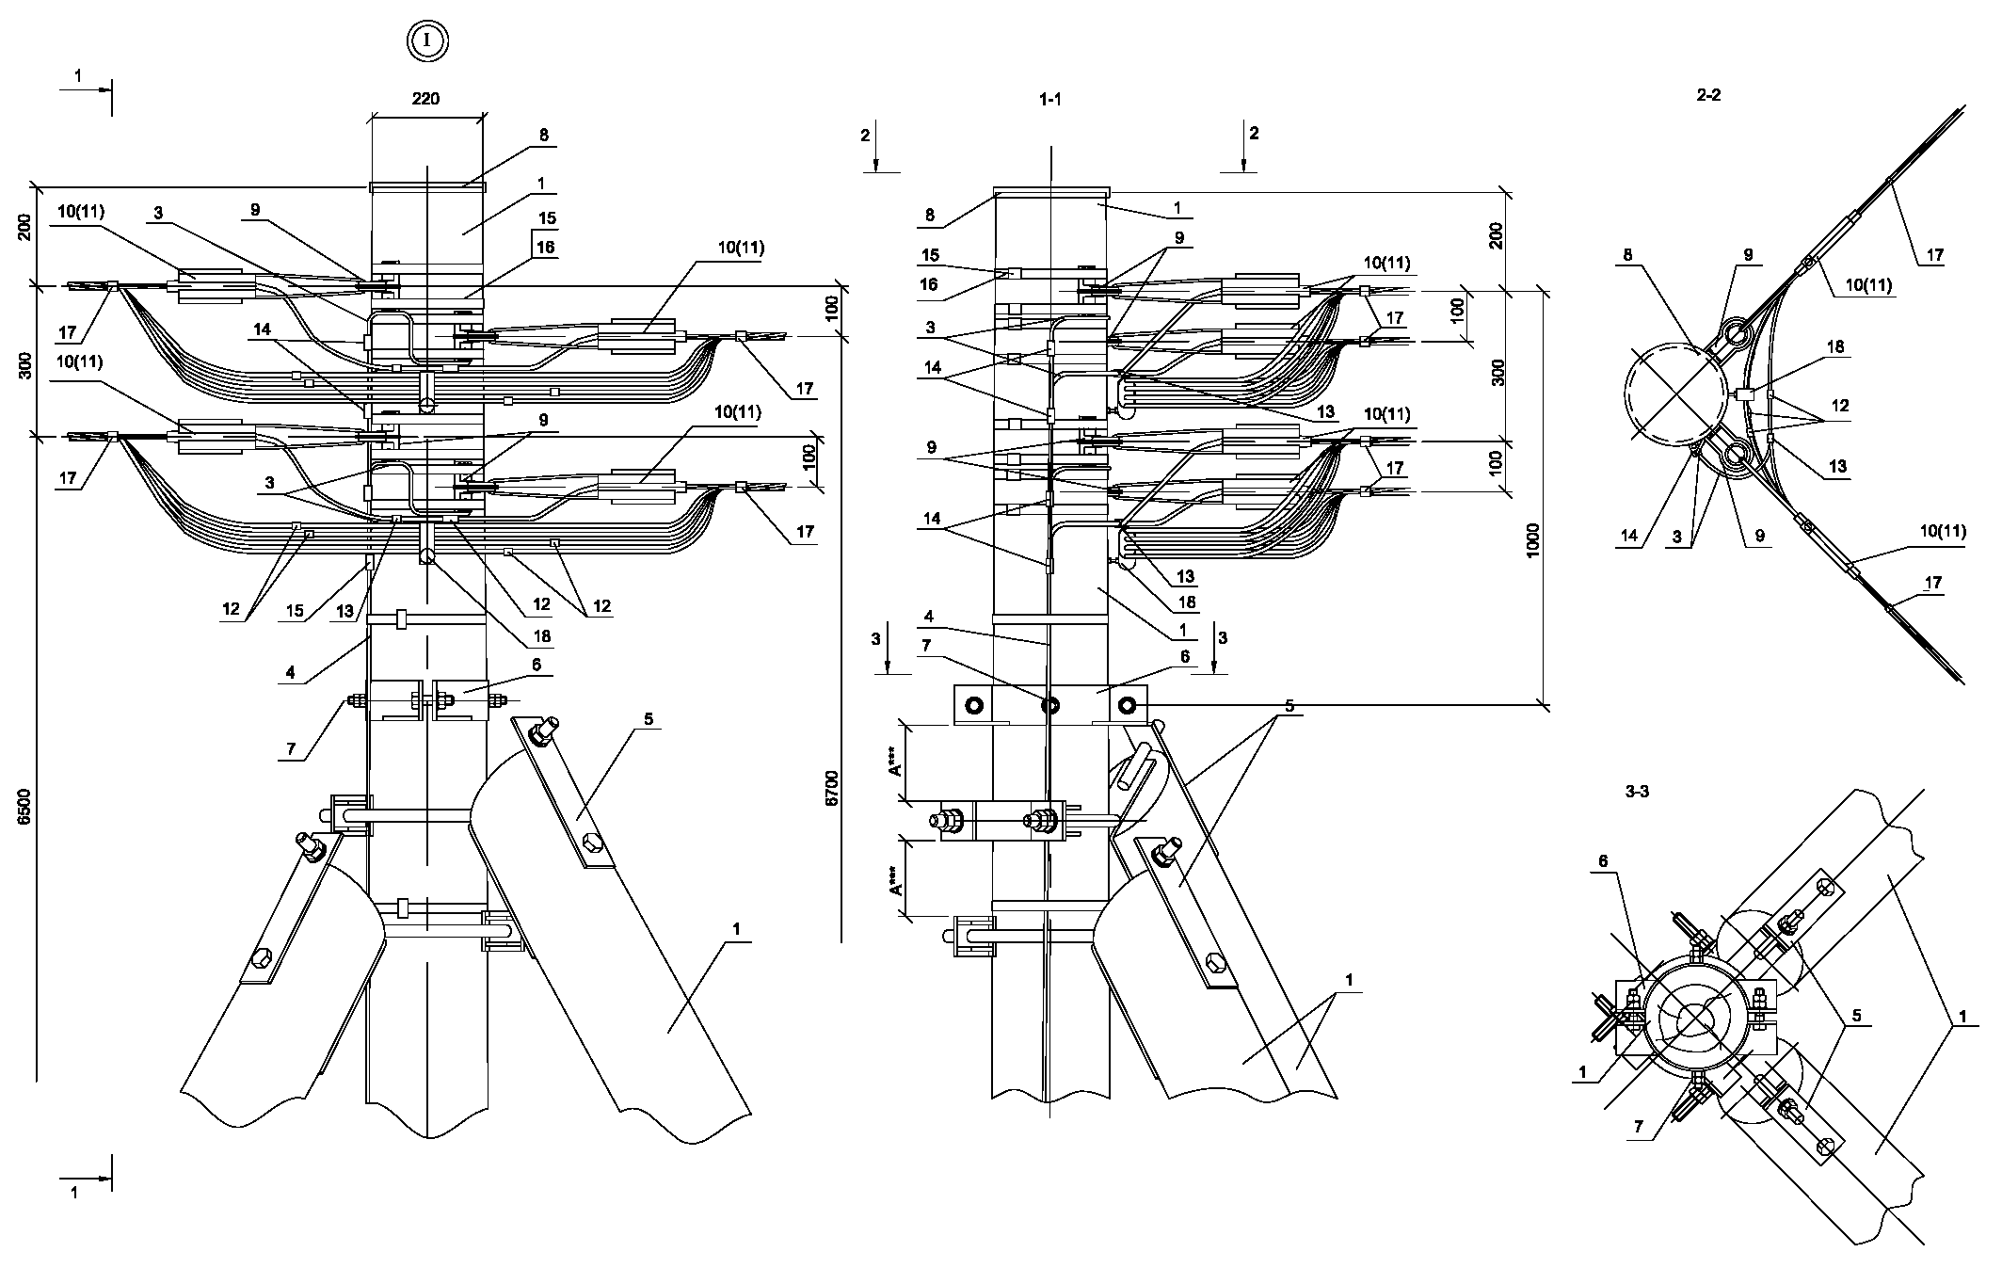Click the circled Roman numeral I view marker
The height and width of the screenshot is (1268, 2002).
tap(427, 40)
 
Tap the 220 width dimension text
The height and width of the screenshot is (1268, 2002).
tap(425, 98)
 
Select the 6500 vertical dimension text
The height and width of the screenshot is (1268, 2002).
tap(25, 807)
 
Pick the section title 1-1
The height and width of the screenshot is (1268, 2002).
tap(1049, 99)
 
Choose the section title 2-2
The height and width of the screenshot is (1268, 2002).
tap(1708, 95)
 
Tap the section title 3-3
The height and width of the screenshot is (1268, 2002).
tap(1637, 792)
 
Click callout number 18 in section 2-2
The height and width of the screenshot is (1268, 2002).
tap(1834, 347)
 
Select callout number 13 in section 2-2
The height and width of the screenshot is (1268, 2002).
tap(1837, 466)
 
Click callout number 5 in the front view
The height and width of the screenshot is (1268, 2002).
tap(648, 719)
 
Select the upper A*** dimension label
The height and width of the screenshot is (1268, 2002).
tap(895, 763)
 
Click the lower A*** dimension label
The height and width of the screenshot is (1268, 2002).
tap(895, 876)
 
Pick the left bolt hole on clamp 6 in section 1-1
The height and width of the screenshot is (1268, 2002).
tap(972, 705)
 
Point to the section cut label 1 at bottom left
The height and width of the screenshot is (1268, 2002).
tap(75, 1192)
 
